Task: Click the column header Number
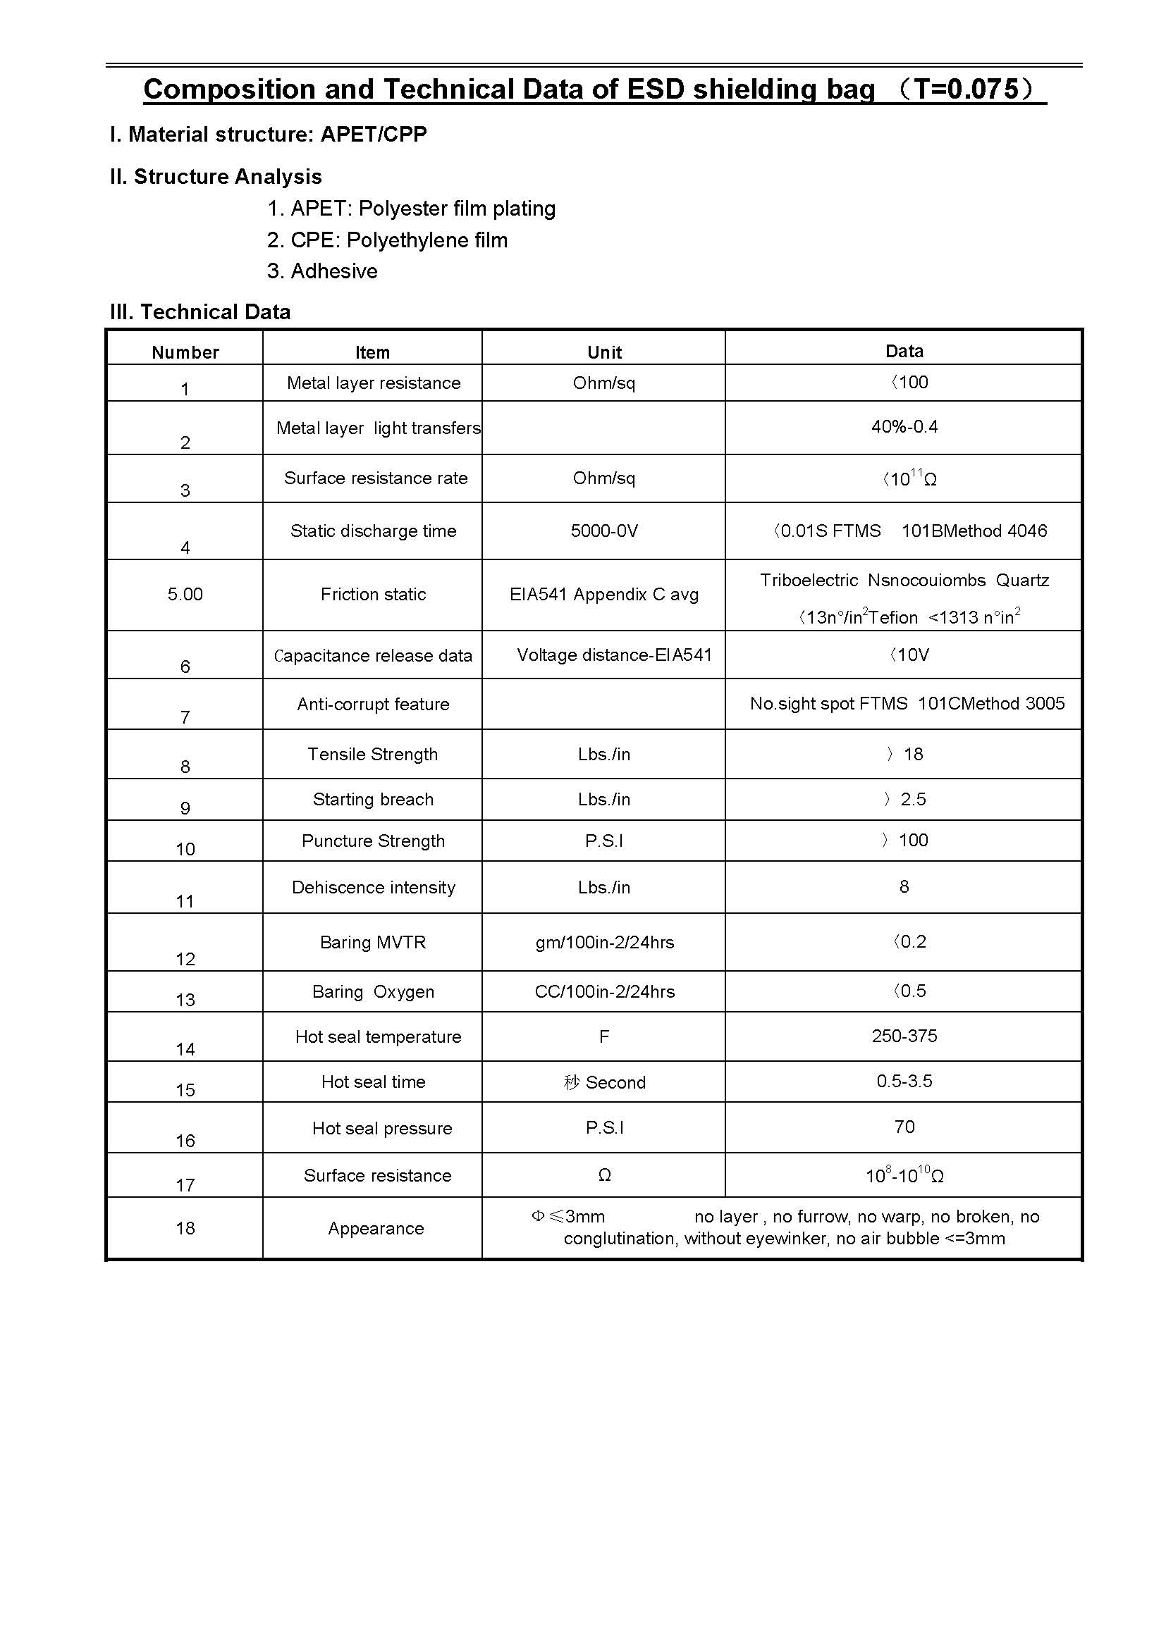[x=185, y=352]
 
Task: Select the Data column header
[x=904, y=351]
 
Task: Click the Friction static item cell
[x=373, y=595]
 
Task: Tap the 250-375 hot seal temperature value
[x=904, y=1036]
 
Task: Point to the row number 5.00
[x=185, y=595]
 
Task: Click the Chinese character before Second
[x=572, y=1082]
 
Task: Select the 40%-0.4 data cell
[x=904, y=427]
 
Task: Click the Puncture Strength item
[x=373, y=841]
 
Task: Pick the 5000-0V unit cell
[x=604, y=531]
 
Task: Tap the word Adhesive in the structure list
[x=334, y=271]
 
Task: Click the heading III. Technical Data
[x=200, y=312]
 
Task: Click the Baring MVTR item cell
[x=373, y=943]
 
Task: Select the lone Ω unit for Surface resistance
[x=604, y=1175]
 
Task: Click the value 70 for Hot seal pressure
[x=904, y=1127]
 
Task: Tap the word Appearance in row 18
[x=376, y=1228]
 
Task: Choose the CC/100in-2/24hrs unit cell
[x=604, y=992]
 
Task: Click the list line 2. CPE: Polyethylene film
[x=387, y=240]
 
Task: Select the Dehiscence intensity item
[x=373, y=888]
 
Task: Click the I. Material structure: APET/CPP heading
[x=269, y=135]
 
